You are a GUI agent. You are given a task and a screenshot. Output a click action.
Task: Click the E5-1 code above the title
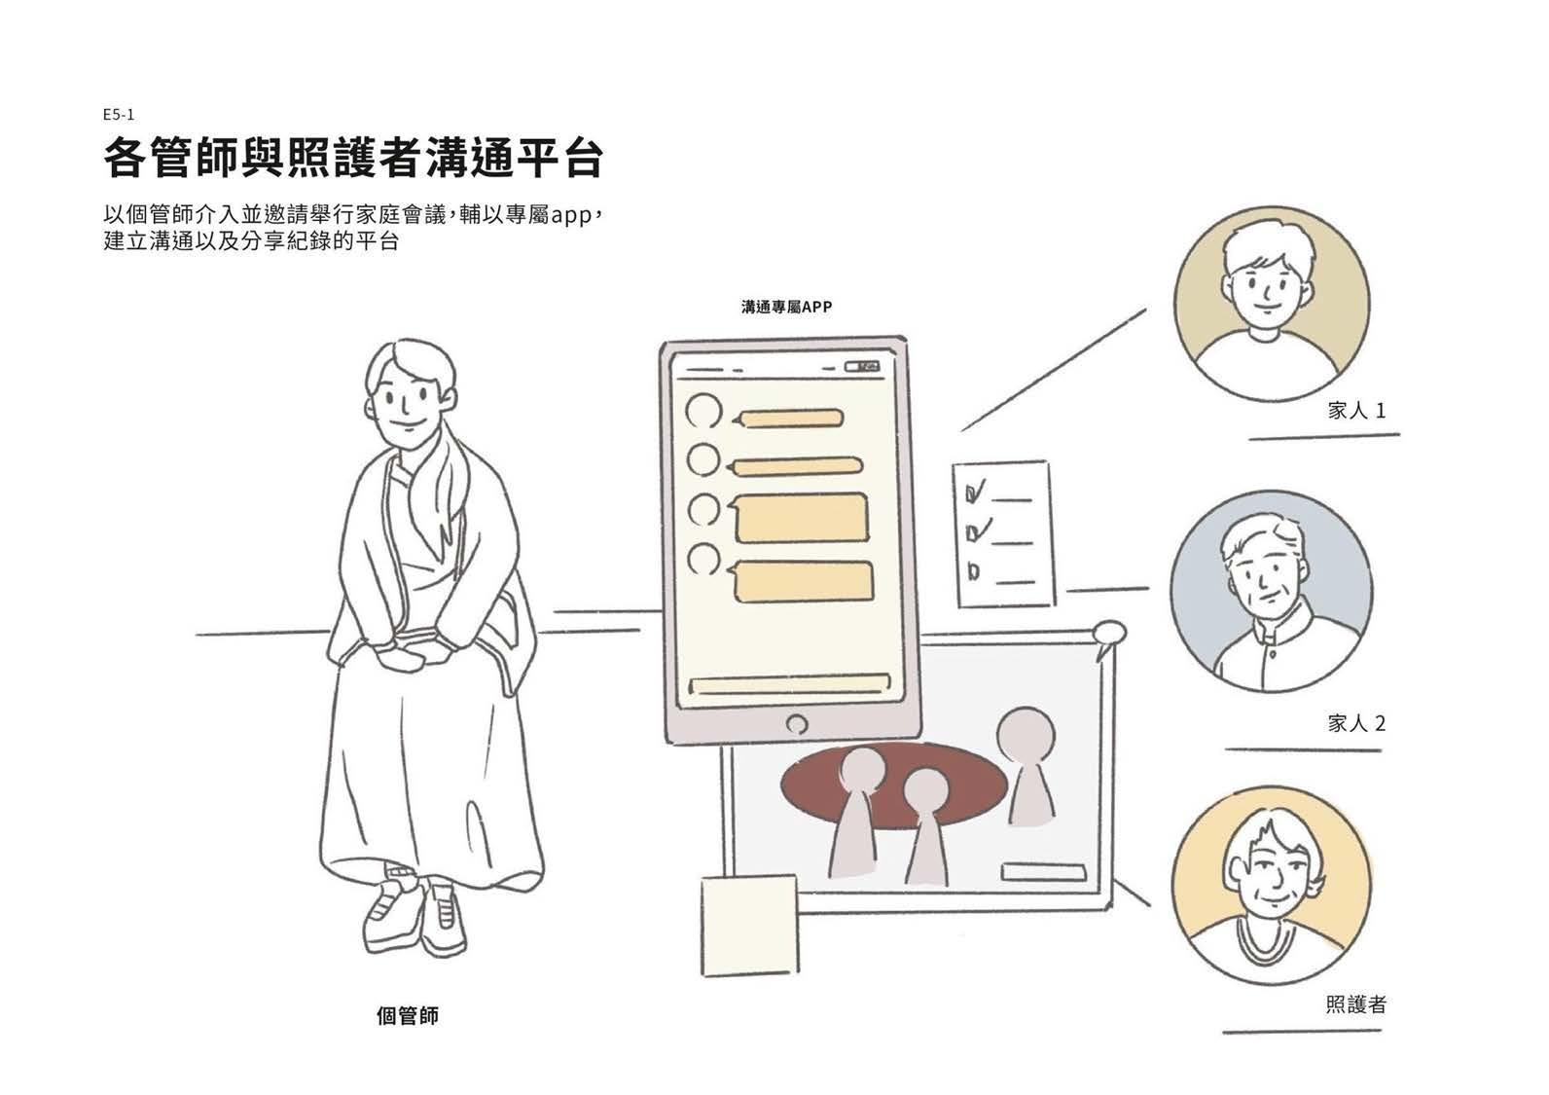pos(118,114)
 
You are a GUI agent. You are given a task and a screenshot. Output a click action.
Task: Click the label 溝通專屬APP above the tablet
pos(786,307)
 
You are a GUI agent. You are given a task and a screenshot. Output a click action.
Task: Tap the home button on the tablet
pos(795,724)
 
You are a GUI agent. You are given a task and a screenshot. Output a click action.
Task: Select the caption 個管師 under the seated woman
pos(408,1016)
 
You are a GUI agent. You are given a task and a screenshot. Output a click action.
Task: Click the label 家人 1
pos(1356,411)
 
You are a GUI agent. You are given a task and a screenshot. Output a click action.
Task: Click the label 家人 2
pos(1356,723)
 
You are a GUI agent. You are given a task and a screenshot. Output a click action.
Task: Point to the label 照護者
pos(1355,1004)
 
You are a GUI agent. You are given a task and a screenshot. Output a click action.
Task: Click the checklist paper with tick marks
pos(1002,533)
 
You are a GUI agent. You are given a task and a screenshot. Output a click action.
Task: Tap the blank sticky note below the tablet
pos(749,924)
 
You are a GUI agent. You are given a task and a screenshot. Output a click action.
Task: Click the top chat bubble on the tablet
pos(789,420)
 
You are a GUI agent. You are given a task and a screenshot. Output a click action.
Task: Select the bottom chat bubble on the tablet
pos(803,581)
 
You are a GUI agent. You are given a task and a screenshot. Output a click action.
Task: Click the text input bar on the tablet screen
pos(788,683)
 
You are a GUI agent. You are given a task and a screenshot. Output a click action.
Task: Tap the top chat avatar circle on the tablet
pos(703,411)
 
